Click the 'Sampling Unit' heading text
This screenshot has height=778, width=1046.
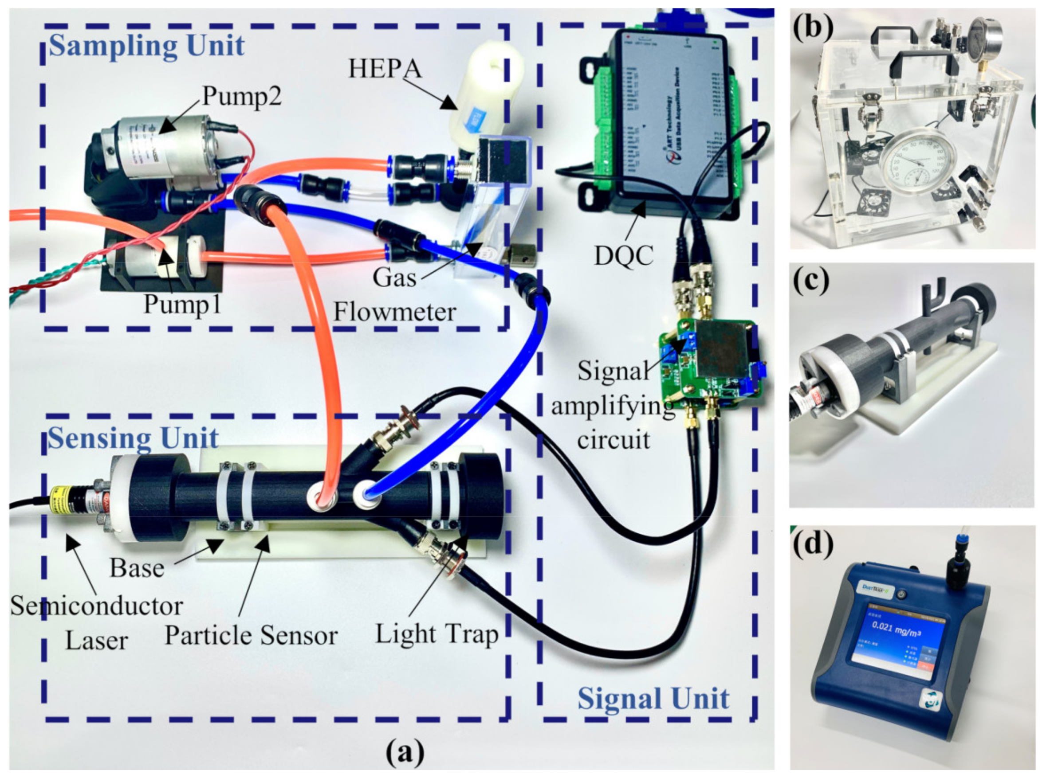[146, 46]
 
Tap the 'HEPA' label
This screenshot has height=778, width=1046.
[385, 69]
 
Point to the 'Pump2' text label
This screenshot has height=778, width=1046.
[242, 97]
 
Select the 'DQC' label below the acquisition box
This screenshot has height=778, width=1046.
[624, 256]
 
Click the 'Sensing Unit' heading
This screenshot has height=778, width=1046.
[134, 438]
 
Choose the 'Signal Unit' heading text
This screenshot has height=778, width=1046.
[653, 698]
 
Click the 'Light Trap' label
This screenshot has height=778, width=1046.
[437, 634]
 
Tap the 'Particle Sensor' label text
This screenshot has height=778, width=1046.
[251, 636]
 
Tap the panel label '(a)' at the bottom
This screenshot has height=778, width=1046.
[405, 752]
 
